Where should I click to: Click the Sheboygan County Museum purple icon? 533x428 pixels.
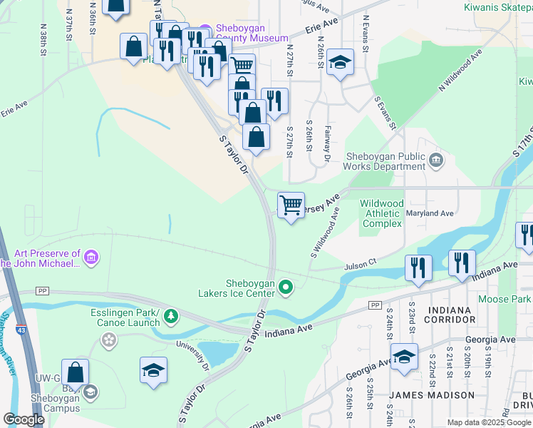205,31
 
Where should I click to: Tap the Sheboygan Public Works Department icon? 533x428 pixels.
435,161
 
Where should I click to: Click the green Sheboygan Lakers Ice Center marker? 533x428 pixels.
286,287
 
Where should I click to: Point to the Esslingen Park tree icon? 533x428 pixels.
170,315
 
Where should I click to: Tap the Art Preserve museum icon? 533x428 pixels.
90,258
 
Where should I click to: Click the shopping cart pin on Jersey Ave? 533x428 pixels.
291,205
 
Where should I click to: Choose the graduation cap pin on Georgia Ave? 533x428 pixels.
404,357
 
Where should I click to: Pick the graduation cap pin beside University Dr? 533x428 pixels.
153,370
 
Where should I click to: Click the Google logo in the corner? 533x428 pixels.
24,419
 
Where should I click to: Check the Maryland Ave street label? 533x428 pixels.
430,213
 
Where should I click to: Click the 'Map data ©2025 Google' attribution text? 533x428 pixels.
489,422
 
